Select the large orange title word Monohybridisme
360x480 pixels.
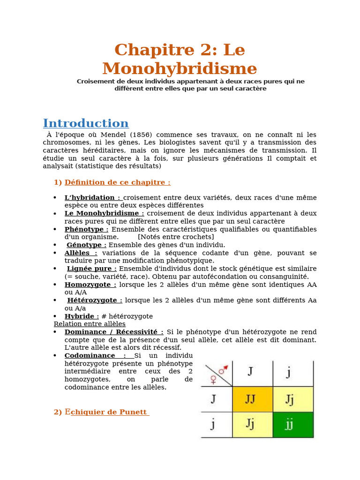180,68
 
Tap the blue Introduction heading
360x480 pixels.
85,123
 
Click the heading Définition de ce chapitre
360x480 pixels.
117,182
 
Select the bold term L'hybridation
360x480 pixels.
92,197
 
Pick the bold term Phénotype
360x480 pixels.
86,229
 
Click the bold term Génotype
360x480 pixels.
86,245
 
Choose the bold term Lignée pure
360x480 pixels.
92,269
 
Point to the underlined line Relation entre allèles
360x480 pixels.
90,324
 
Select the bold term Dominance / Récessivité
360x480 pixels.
114,332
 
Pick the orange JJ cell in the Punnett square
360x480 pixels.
252,399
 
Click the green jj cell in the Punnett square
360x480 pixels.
293,425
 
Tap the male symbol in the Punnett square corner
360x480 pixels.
223,369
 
